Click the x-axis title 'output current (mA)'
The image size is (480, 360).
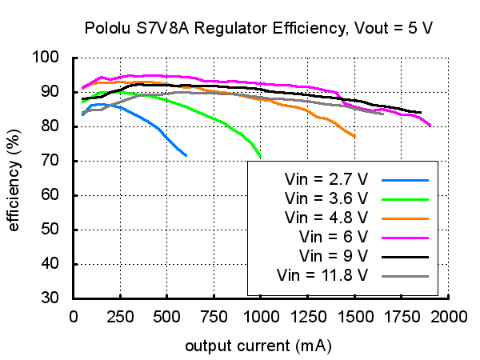[x=258, y=346]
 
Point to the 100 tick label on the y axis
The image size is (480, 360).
[x=47, y=58]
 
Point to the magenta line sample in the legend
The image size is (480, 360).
[x=406, y=237]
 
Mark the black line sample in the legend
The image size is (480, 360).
[x=406, y=256]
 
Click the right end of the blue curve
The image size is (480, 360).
[x=186, y=155]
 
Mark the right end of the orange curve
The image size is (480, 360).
[x=354, y=137]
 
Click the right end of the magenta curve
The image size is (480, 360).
[x=430, y=126]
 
